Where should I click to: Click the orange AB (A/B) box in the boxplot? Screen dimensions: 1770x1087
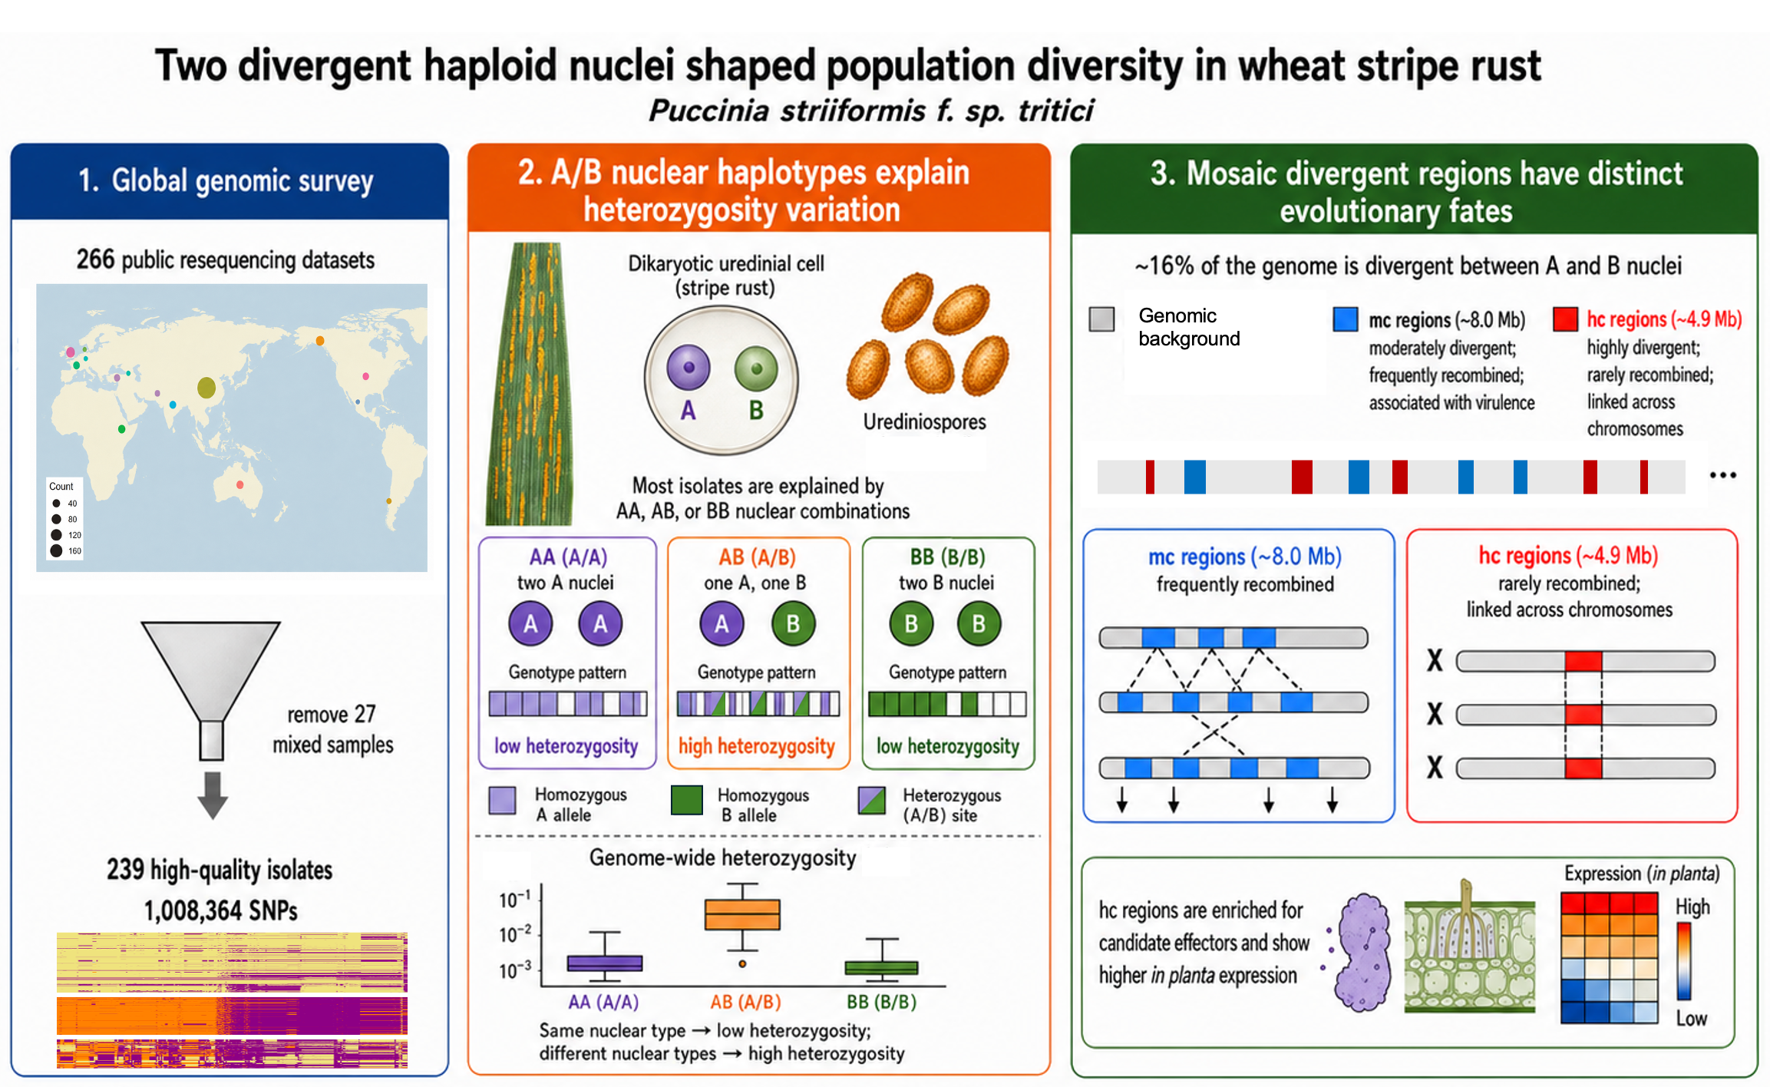(742, 914)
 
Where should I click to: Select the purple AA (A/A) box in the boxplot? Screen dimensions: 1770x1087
(605, 963)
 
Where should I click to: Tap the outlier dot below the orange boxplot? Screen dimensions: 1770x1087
(742, 964)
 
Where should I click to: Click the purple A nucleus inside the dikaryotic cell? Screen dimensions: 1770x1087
(689, 368)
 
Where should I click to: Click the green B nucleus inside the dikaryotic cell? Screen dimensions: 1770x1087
(756, 368)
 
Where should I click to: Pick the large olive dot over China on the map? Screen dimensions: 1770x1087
(206, 388)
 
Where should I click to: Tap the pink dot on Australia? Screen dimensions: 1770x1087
(240, 484)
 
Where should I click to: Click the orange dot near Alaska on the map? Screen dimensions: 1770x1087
(320, 341)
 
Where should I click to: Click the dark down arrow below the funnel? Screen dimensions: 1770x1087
(213, 795)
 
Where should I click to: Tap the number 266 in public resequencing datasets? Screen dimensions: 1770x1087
(95, 259)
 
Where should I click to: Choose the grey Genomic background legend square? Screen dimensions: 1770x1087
(1101, 319)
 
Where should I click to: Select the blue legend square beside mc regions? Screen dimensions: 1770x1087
(1346, 319)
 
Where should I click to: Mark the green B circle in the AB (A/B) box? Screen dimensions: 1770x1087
(793, 623)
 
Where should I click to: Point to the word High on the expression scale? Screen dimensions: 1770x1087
(1692, 907)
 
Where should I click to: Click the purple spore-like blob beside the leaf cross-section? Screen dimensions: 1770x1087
(1363, 952)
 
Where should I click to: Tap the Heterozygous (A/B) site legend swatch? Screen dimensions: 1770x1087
(872, 800)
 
